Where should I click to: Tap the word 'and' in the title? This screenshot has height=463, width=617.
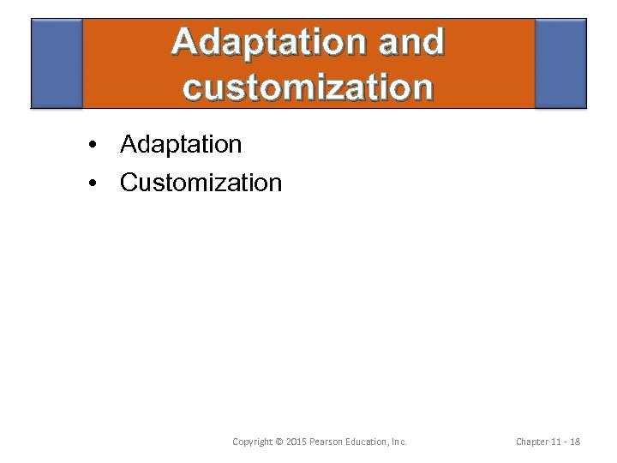click(x=409, y=42)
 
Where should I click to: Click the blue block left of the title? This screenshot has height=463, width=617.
click(x=57, y=64)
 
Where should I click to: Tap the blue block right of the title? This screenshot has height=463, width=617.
click(x=560, y=64)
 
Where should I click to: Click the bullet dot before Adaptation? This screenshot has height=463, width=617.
click(x=91, y=145)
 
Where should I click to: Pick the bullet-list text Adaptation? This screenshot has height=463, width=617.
click(x=181, y=145)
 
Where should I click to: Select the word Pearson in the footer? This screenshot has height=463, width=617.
click(x=330, y=442)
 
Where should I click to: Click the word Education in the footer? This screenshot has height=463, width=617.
click(x=370, y=442)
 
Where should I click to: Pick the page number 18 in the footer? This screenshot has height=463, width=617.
click(x=574, y=442)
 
